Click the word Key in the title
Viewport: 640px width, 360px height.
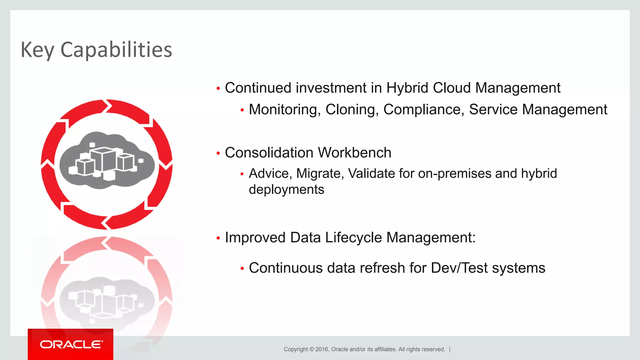pos(37,50)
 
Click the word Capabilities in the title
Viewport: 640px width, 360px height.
pos(116,50)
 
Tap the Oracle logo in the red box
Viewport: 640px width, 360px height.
pos(71,344)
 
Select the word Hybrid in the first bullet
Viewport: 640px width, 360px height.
pos(407,88)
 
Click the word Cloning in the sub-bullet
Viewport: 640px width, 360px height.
pos(352,110)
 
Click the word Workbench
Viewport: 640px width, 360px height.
pos(354,153)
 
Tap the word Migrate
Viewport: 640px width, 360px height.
pos(320,173)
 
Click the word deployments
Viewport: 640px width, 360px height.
pos(286,190)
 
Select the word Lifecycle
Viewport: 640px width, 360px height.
pos(353,237)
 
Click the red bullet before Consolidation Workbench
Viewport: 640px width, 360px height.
pos(218,153)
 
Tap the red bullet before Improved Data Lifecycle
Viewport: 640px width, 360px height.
pos(218,238)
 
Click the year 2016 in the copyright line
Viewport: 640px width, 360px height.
pos(322,349)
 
